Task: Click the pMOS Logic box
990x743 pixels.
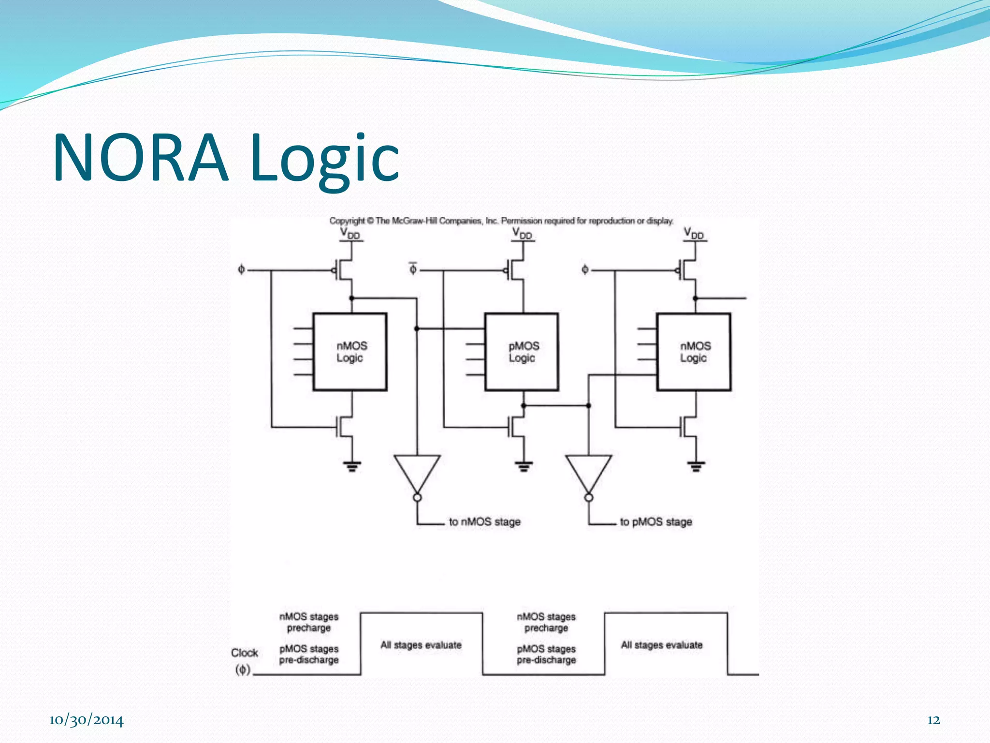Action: coord(522,352)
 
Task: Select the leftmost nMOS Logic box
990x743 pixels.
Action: coord(350,352)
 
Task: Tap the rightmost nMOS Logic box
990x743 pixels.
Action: coord(694,352)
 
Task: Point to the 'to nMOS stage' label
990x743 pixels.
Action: coord(484,522)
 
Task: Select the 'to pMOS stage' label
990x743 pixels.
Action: coord(656,522)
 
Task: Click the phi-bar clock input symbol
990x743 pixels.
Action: coord(413,268)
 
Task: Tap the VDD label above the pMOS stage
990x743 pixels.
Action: coord(522,234)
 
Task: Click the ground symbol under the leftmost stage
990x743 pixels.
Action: coord(352,466)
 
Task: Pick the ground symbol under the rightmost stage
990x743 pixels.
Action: coord(696,466)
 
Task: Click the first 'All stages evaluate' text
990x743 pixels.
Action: coord(421,645)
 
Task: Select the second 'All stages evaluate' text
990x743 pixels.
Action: coord(661,645)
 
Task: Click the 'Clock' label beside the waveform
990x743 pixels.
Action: coord(244,653)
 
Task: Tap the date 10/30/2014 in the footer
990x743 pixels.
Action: coord(86,720)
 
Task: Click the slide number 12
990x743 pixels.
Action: coord(933,720)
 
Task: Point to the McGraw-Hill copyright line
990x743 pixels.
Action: coord(501,221)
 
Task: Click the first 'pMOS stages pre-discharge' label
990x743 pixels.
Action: coord(309,654)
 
